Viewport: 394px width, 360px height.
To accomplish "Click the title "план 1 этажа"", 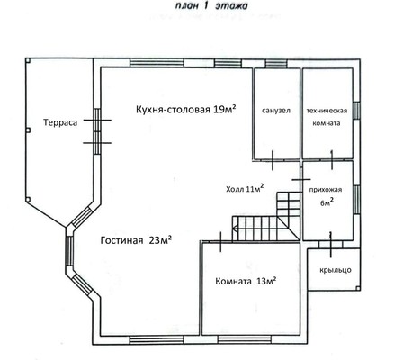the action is click(x=211, y=6).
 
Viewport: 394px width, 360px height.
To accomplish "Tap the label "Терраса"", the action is click(x=60, y=122).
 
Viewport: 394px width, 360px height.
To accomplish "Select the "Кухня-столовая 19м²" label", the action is click(x=186, y=109).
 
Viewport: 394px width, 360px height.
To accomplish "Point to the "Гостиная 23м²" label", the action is click(x=136, y=240).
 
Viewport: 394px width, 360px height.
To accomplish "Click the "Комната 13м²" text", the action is click(x=246, y=281).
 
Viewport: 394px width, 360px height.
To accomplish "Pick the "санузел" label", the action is click(x=276, y=111).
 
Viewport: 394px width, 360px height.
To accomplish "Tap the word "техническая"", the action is click(x=327, y=111).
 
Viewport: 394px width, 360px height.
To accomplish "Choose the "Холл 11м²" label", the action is click(x=245, y=188).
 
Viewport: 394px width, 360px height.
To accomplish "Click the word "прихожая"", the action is click(x=326, y=190).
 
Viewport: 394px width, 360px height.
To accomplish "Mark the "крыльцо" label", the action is click(x=336, y=270).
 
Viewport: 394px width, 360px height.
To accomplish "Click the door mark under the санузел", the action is click(x=273, y=160).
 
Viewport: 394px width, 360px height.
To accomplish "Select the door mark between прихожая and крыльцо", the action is click(x=331, y=244).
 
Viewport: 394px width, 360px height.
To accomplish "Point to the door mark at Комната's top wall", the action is click(x=220, y=241).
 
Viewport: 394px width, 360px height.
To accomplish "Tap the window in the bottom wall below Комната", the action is click(x=245, y=339).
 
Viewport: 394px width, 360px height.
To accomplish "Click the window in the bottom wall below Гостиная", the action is click(x=157, y=339).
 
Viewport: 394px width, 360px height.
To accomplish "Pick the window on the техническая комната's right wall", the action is click(x=356, y=111).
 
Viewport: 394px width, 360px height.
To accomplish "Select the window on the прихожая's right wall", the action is click(x=356, y=200).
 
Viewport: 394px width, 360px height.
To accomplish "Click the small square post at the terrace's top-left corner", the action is click(x=28, y=60).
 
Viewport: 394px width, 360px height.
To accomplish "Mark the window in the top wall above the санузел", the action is click(x=276, y=64).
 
